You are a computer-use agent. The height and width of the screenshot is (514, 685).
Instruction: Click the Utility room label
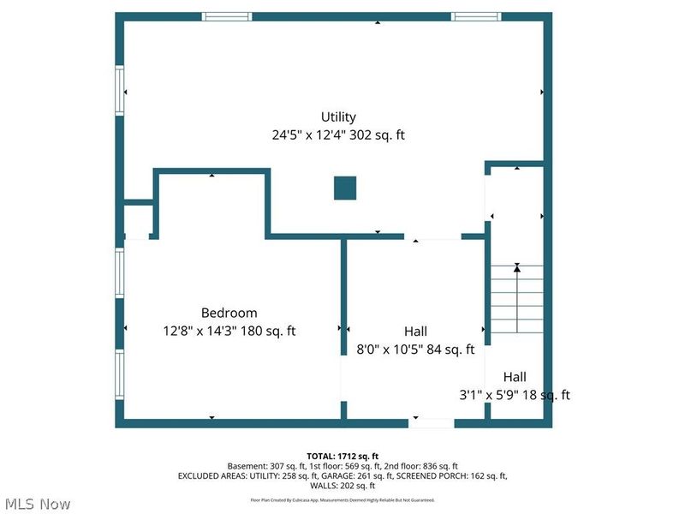point(338,117)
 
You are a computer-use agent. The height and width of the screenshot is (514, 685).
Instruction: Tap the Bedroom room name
point(229,314)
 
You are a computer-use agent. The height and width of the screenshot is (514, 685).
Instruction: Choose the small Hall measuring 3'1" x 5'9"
point(515,385)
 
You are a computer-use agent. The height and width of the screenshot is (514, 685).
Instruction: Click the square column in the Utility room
point(345,188)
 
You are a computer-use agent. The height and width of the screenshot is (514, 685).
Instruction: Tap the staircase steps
point(515,300)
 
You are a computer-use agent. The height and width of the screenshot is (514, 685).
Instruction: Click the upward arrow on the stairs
point(515,269)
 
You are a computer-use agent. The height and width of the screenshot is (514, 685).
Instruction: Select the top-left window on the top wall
point(227,16)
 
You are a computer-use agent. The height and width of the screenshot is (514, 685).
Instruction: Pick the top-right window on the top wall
point(477,16)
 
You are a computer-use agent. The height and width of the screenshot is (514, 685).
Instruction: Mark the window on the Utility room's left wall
point(120,90)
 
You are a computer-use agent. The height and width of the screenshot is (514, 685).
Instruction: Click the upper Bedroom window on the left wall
point(120,272)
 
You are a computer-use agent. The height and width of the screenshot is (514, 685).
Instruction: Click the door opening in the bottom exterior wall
point(431,422)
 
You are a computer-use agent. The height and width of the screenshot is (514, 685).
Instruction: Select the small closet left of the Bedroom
point(137,221)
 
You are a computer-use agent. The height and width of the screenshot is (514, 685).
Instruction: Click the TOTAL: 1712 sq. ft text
point(342,456)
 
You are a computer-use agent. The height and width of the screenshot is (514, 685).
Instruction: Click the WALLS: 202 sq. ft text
point(342,486)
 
